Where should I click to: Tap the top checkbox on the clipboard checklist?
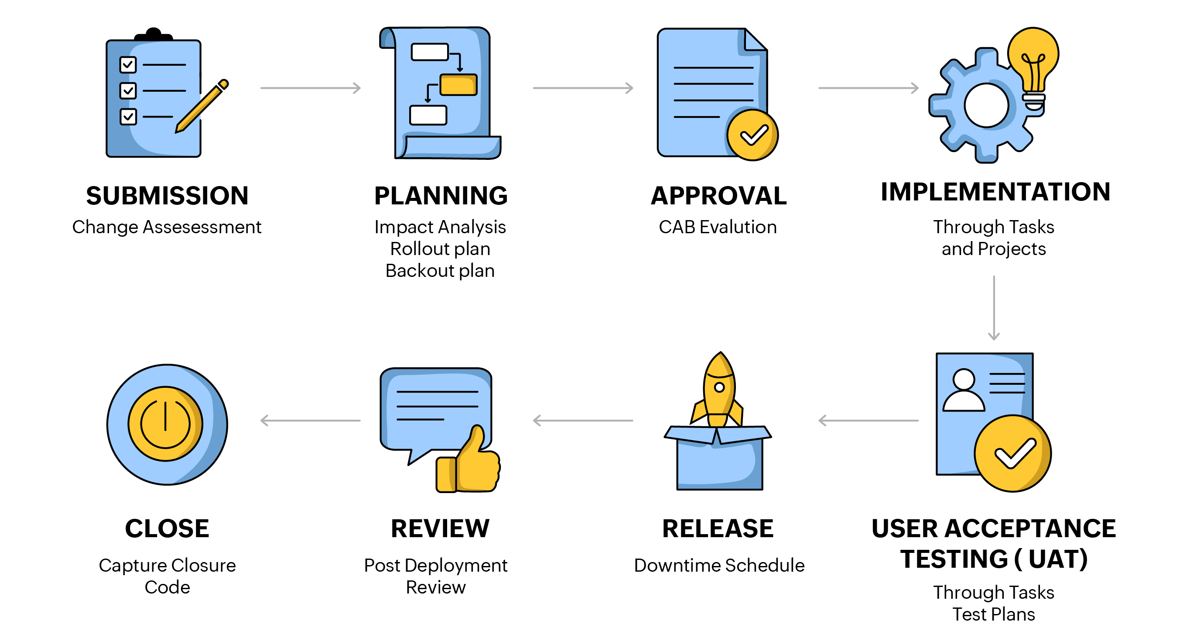coord(128,65)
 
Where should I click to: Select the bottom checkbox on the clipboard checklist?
coord(128,116)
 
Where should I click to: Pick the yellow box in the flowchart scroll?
coord(458,85)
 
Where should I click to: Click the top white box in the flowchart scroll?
coord(429,52)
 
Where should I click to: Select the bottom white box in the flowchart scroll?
coord(428,115)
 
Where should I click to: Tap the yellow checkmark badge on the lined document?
coord(752,135)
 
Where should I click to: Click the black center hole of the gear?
coord(986,105)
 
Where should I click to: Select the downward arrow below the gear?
coord(993,308)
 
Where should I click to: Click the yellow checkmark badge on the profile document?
coord(1012,452)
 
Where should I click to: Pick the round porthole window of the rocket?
coord(719,387)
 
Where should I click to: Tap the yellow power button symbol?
coord(165,423)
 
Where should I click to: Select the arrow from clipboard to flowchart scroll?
coord(311,88)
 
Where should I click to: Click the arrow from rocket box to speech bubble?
coord(583,421)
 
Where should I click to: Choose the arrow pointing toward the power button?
coord(311,421)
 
